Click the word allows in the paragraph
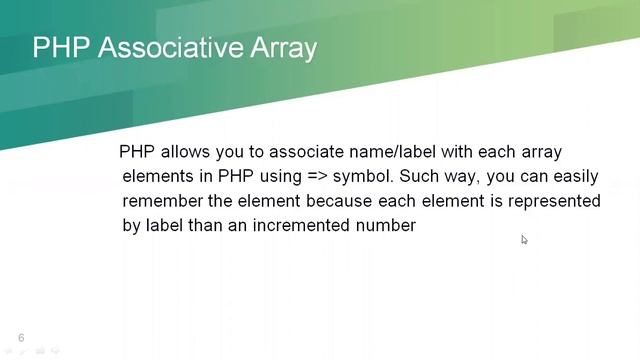(184, 153)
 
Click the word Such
(419, 177)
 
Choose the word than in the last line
(213, 225)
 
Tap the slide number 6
(21, 338)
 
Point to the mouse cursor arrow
(524, 239)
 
